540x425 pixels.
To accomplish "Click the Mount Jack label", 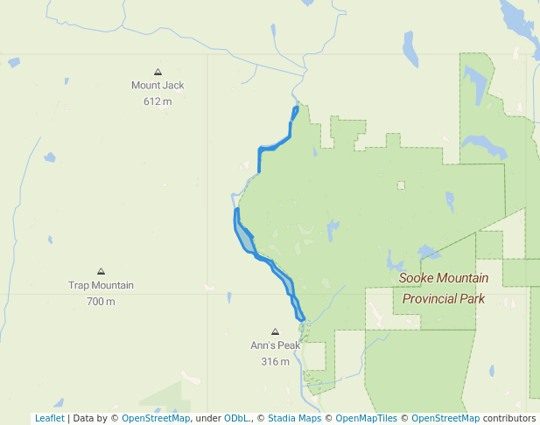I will (158, 86).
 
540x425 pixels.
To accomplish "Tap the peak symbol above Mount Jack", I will (158, 72).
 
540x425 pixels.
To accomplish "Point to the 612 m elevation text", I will (158, 101).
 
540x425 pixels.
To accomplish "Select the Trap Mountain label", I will (101, 285).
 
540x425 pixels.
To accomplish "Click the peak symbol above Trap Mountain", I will (101, 271).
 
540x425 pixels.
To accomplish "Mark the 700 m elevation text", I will (101, 302).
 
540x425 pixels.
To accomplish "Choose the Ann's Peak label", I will (275, 345).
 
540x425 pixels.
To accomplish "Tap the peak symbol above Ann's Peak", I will (275, 331).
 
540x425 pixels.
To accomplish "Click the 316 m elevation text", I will (275, 361).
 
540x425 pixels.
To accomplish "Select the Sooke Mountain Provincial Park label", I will (443, 288).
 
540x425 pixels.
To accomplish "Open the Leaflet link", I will (49, 418).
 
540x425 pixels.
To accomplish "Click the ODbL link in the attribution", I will (235, 418).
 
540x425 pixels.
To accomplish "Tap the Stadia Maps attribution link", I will (294, 418).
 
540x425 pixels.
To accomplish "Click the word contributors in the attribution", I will (508, 418).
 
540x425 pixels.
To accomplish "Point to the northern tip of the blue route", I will (297, 108).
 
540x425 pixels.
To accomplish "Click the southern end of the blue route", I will (302, 320).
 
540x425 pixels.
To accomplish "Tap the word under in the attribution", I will (207, 418).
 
